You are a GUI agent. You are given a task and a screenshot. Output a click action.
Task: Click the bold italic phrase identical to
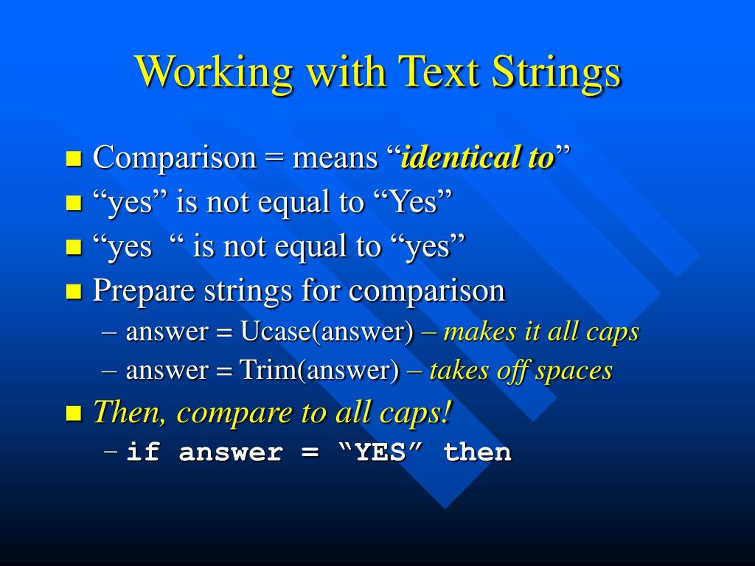pos(476,157)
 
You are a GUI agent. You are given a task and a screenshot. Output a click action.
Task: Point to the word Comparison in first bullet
pos(174,158)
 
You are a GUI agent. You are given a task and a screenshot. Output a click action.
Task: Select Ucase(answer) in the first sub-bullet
pos(327,332)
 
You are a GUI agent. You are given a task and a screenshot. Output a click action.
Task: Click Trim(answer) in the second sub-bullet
pos(319,371)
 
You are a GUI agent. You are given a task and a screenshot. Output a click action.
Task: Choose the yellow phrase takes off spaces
pos(520,370)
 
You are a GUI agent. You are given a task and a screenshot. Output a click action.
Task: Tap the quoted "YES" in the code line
pos(380,452)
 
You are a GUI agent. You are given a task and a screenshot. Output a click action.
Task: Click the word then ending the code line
pos(477,452)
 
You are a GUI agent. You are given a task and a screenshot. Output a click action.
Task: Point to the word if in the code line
pos(143,452)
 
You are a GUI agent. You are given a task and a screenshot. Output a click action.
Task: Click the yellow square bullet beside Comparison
pos(73,158)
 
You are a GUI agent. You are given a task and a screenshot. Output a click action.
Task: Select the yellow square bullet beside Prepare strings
pos(73,291)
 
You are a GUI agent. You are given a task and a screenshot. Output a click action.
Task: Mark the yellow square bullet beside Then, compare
pos(73,413)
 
